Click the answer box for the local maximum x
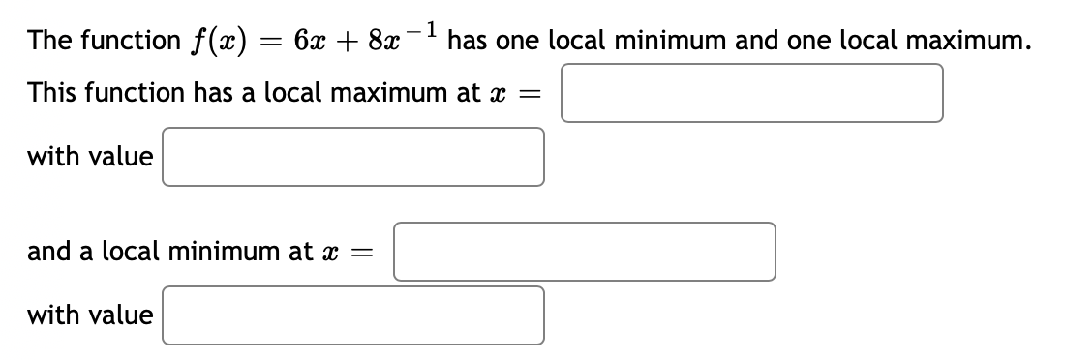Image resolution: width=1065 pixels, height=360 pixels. pos(751,93)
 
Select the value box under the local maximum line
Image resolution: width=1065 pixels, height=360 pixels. pos(352,156)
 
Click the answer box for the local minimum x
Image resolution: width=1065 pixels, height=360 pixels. pos(584,252)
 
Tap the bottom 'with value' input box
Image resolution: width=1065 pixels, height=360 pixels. pos(352,315)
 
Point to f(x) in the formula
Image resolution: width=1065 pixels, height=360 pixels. pos(212,41)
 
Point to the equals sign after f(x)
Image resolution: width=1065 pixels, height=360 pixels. pos(261,43)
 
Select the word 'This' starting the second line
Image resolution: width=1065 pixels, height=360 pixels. pos(50,93)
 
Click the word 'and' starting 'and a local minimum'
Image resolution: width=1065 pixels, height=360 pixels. pos(46,252)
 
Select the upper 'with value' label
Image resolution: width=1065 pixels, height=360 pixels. pos(90,156)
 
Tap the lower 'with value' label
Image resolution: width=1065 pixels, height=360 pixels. pos(90,315)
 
